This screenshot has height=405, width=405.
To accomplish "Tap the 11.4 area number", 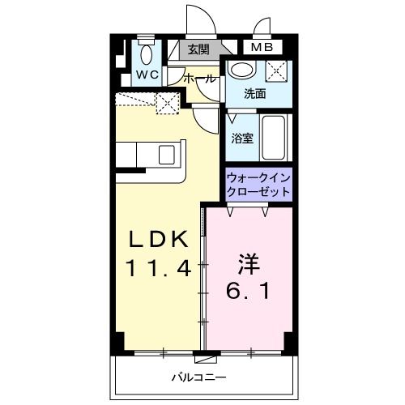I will click(159, 268).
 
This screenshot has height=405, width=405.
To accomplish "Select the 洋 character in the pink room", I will click(248, 263).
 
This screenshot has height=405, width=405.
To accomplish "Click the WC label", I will click(147, 75).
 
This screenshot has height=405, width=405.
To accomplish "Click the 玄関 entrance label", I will click(198, 49).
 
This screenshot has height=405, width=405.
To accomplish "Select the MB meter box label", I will click(261, 49).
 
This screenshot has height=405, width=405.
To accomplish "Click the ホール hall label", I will click(200, 79).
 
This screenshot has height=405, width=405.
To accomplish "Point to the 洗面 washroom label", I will click(256, 94).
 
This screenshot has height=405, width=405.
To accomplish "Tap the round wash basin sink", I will click(241, 70).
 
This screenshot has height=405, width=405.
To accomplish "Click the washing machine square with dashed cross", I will click(277, 70).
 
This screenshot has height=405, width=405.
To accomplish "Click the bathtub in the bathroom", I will click(275, 138).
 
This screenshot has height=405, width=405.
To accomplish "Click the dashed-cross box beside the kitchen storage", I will click(168, 103).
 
